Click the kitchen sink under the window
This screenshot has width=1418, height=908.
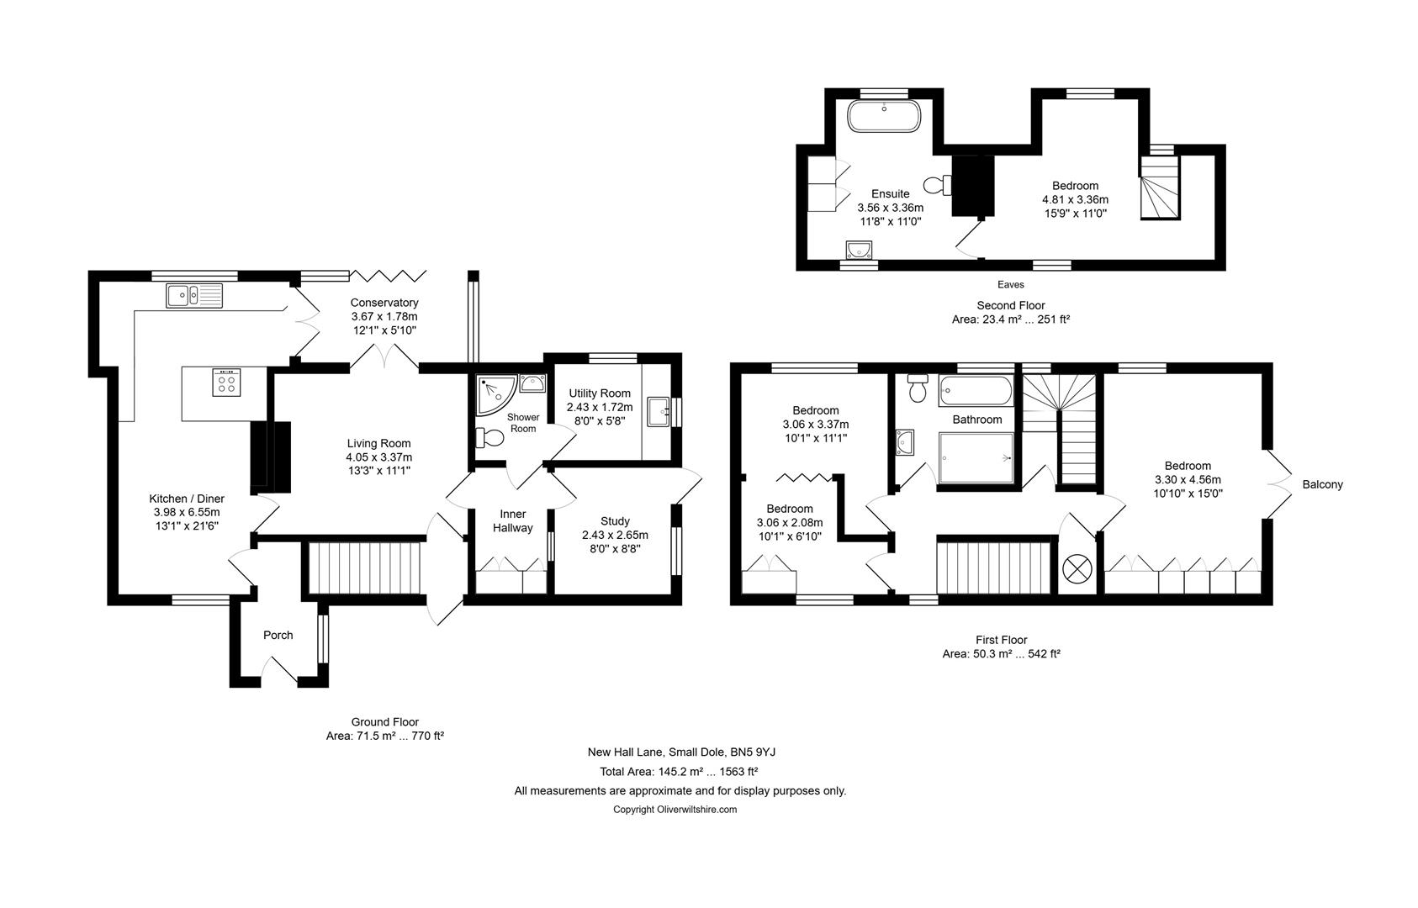(194, 295)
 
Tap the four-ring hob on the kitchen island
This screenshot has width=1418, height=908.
(226, 383)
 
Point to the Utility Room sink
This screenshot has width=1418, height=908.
(659, 412)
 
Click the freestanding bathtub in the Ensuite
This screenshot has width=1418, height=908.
(884, 116)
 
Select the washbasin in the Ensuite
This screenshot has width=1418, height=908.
(859, 250)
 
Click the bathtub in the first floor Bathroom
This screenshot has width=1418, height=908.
(976, 390)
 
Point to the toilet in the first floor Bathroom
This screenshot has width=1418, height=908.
(918, 388)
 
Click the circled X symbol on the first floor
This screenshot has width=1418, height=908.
(1077, 569)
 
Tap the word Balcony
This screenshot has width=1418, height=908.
(1322, 485)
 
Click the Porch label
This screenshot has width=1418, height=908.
(278, 636)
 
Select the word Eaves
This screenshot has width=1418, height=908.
(1010, 285)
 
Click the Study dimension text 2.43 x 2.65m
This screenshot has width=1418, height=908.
(615, 536)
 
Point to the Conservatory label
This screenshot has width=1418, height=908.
(384, 303)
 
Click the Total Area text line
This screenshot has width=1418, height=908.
(679, 771)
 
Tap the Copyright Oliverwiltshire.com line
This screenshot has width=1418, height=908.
(675, 810)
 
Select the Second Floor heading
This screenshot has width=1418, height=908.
(1010, 305)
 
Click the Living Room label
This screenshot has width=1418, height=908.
(378, 444)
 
